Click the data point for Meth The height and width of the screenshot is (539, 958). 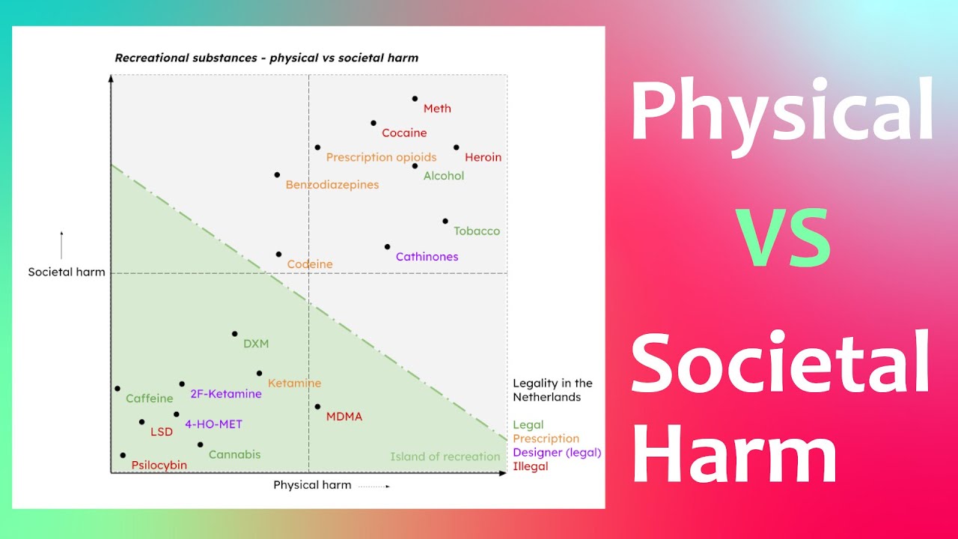[x=415, y=98]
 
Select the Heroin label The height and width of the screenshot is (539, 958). [x=483, y=157]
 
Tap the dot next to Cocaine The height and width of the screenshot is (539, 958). [x=373, y=123]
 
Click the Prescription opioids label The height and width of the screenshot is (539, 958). [x=381, y=157]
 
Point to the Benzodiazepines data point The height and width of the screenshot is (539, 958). [x=277, y=174]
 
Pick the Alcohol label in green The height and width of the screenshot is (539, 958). [x=444, y=176]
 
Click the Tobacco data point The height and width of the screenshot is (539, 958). [x=445, y=221]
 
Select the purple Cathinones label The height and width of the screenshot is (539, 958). [x=427, y=257]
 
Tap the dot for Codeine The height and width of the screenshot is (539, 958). [x=278, y=255]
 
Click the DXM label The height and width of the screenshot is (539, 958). [x=256, y=344]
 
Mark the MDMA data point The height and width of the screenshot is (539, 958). [x=317, y=406]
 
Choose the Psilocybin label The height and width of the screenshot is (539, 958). [x=159, y=465]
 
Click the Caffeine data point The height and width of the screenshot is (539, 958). [x=118, y=389]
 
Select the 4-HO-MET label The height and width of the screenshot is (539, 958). [x=213, y=424]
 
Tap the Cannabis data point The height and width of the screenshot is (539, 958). [x=200, y=445]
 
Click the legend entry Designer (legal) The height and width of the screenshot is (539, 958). [x=557, y=452]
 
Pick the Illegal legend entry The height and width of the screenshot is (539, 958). [x=530, y=466]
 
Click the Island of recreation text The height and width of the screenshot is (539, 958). [x=445, y=457]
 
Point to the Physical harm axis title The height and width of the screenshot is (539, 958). [x=312, y=484]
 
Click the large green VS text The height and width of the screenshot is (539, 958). [x=782, y=240]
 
